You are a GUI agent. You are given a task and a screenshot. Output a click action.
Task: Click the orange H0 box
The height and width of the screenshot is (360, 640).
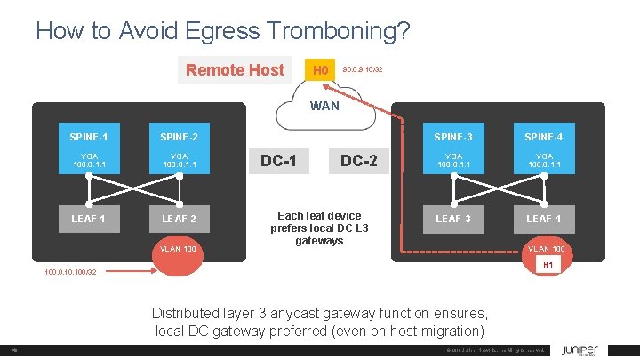click(321, 70)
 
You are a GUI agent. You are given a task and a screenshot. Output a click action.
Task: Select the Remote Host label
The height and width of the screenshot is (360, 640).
click(235, 69)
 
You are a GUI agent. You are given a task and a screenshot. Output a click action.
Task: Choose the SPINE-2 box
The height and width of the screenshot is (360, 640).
click(179, 137)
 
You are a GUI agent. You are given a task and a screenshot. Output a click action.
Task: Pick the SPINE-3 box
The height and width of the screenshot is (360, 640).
click(453, 137)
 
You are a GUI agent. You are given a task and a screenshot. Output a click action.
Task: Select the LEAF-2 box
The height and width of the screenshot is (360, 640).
click(179, 219)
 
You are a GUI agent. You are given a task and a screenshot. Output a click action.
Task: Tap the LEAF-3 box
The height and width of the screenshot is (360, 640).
click(453, 219)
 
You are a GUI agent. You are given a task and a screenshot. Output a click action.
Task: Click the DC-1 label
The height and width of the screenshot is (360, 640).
click(278, 161)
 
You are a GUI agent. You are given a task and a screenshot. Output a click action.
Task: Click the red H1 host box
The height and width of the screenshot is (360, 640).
click(548, 265)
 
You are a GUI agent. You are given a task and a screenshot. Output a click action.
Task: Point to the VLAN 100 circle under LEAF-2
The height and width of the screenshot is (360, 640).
click(179, 249)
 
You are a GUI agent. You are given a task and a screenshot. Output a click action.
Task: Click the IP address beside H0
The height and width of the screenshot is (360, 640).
click(363, 69)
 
